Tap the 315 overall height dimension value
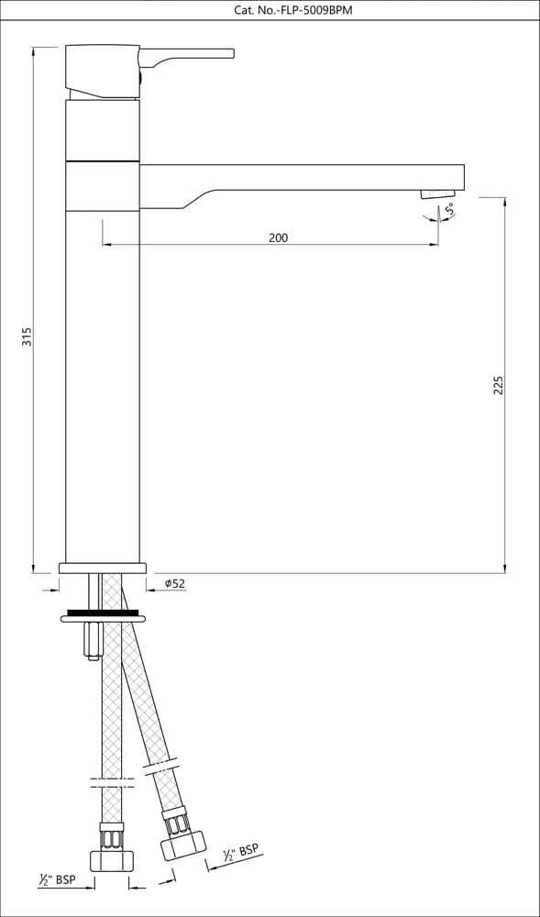(x=27, y=337)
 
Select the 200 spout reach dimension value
(x=278, y=238)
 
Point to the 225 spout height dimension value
(x=498, y=385)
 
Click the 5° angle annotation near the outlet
(x=449, y=208)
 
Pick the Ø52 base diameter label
(x=175, y=583)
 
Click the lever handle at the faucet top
(x=186, y=56)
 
